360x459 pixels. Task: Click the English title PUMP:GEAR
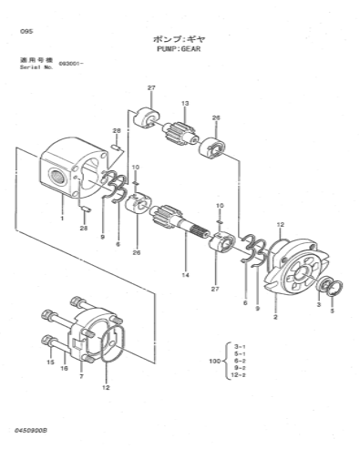[179, 49]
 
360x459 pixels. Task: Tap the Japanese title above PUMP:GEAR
[179, 39]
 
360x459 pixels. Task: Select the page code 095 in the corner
[26, 31]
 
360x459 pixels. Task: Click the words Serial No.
[36, 67]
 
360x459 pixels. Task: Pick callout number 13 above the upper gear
[185, 104]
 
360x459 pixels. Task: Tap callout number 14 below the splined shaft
[186, 275]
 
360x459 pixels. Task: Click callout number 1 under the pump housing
[62, 218]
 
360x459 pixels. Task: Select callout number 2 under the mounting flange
[275, 317]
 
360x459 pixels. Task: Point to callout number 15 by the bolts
[50, 362]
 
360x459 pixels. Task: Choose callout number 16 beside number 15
[64, 368]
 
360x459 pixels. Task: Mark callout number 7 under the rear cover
[81, 376]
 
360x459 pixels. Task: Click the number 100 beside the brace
[214, 362]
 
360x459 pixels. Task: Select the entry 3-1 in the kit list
[240, 346]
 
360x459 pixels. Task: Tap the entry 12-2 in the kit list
[238, 375]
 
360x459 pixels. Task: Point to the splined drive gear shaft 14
[180, 222]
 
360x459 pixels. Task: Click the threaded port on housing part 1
[57, 176]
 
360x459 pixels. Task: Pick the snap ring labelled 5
[335, 288]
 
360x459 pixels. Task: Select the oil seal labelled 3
[324, 284]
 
